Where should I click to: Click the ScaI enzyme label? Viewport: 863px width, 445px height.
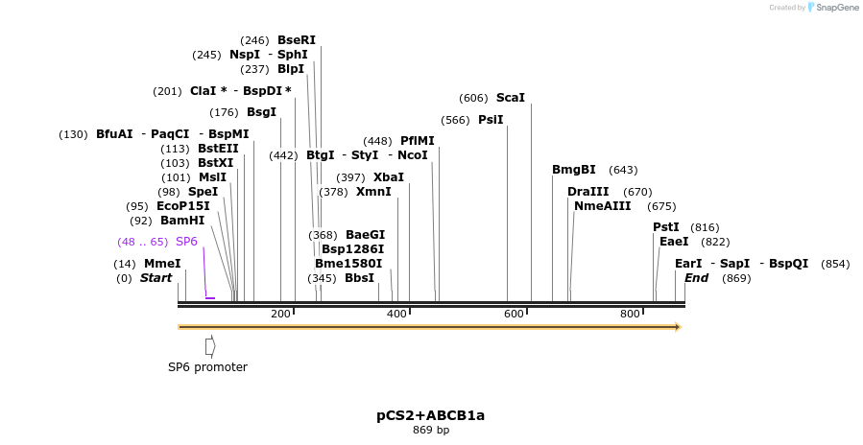(510, 98)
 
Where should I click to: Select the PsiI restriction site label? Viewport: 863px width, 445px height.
(490, 120)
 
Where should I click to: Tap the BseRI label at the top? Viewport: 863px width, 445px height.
(296, 40)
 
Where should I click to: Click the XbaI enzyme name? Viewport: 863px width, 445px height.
(388, 177)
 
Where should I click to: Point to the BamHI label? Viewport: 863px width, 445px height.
(182, 221)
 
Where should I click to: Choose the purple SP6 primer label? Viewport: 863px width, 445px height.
(186, 242)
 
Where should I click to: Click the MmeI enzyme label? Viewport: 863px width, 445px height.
(162, 264)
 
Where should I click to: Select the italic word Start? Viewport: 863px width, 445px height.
(156, 278)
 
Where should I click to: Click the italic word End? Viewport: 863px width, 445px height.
(696, 278)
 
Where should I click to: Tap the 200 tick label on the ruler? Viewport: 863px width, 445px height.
(280, 315)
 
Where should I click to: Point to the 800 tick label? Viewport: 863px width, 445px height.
(630, 315)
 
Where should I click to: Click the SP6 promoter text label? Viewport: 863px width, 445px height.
(207, 367)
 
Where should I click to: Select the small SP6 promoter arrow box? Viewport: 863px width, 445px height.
(210, 345)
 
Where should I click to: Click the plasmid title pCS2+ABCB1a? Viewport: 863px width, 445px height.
(430, 415)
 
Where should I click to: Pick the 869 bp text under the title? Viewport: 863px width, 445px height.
(430, 430)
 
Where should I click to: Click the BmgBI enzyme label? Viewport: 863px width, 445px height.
(573, 170)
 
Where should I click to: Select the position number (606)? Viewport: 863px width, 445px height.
(473, 98)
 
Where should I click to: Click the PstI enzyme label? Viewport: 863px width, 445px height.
(666, 227)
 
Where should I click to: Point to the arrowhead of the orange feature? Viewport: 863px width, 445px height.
(678, 327)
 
